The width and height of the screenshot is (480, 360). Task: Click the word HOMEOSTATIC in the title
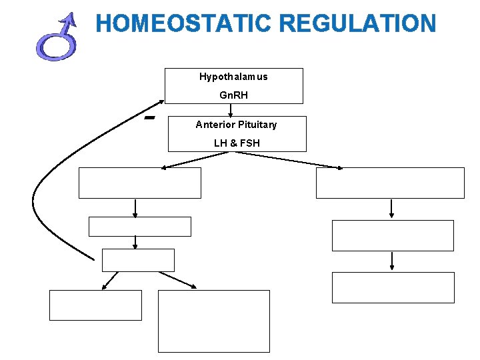[x=184, y=24]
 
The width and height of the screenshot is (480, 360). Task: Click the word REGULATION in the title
[x=358, y=24]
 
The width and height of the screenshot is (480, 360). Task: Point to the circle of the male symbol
[x=55, y=47]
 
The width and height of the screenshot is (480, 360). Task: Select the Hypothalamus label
[x=233, y=77]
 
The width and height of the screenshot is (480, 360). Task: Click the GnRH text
[x=233, y=95]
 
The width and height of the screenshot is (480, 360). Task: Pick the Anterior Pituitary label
[x=236, y=125]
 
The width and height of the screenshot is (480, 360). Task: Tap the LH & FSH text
[x=237, y=143]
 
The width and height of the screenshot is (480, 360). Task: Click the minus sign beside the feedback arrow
[x=149, y=118]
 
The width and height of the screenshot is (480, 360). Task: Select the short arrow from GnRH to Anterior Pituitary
[x=231, y=110]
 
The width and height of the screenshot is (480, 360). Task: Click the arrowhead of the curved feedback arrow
[x=161, y=102]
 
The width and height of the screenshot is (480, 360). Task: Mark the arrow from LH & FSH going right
[x=287, y=160]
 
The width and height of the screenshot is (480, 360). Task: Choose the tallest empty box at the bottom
[x=213, y=321]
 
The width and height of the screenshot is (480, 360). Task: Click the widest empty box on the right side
[x=389, y=183]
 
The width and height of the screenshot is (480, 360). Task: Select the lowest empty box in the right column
[x=393, y=287]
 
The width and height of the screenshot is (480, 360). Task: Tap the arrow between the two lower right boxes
[x=391, y=261]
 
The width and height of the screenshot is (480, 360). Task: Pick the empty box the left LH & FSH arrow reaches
[x=139, y=183]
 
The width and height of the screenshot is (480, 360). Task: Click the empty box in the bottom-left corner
[x=95, y=305]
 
